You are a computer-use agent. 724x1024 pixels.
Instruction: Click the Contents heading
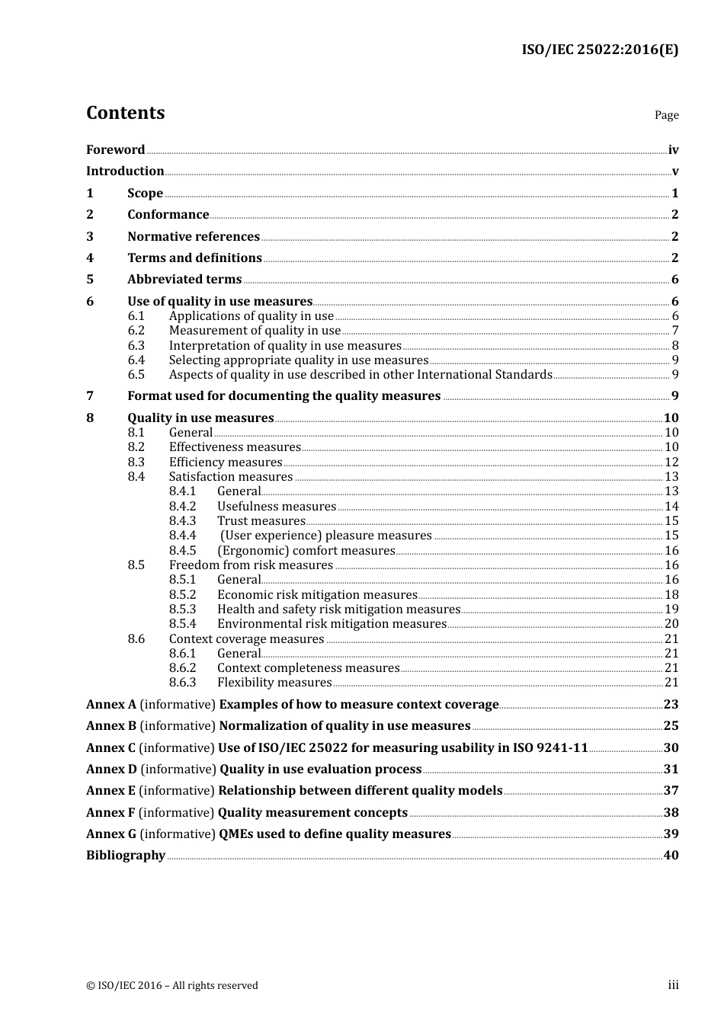click(125, 113)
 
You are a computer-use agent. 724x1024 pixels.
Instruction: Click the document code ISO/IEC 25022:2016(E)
click(599, 50)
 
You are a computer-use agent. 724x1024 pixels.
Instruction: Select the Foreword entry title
click(115, 150)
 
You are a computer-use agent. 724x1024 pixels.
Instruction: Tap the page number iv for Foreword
click(673, 150)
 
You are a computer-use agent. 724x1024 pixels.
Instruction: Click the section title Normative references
click(194, 237)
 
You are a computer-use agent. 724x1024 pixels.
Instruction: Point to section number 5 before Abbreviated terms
click(90, 280)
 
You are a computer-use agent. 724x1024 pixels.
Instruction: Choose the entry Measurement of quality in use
click(255, 331)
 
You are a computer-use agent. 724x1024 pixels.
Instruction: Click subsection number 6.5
click(136, 375)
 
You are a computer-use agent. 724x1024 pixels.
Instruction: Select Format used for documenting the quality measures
click(284, 396)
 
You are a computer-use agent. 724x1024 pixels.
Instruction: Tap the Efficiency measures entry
click(226, 462)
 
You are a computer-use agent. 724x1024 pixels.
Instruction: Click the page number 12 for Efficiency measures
click(671, 462)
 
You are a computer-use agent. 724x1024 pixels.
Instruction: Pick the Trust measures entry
click(261, 521)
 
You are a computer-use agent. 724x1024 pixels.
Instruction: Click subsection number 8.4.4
click(182, 536)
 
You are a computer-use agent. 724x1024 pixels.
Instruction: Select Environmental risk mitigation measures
click(332, 624)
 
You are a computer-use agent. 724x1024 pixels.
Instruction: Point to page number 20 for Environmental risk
click(671, 624)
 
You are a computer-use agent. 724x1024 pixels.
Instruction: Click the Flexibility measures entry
click(274, 683)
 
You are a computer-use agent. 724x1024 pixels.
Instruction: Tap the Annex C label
click(111, 748)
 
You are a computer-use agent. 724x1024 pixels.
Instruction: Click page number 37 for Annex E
click(671, 791)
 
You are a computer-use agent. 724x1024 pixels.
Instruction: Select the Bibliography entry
click(126, 856)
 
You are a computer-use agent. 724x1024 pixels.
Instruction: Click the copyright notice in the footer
click(172, 986)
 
